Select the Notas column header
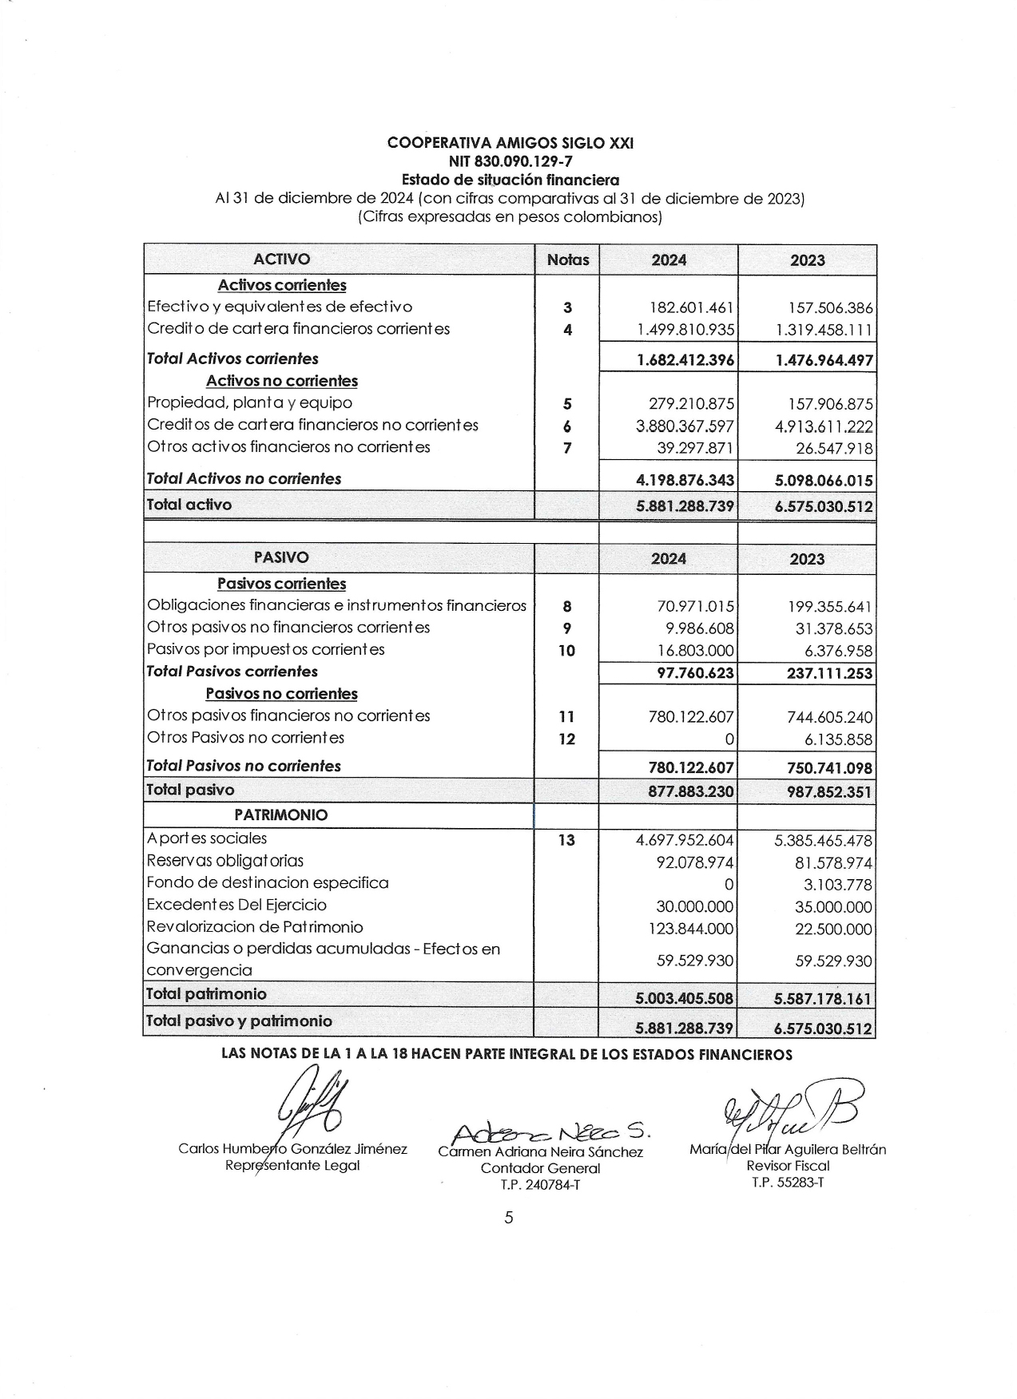(x=567, y=260)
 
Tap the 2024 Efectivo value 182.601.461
(x=693, y=307)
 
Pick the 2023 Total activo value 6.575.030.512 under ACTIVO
(x=824, y=506)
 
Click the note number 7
(x=567, y=448)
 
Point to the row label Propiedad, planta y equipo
(x=249, y=402)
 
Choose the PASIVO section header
(x=281, y=557)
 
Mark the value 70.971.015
(x=695, y=607)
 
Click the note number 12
(x=566, y=739)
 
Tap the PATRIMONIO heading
(x=281, y=814)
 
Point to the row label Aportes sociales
(x=207, y=838)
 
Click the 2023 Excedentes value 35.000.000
(x=833, y=907)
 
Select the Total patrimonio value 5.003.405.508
(x=685, y=998)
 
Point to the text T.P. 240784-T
(x=540, y=1184)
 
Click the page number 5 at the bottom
(x=509, y=1218)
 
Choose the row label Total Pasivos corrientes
(x=232, y=672)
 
